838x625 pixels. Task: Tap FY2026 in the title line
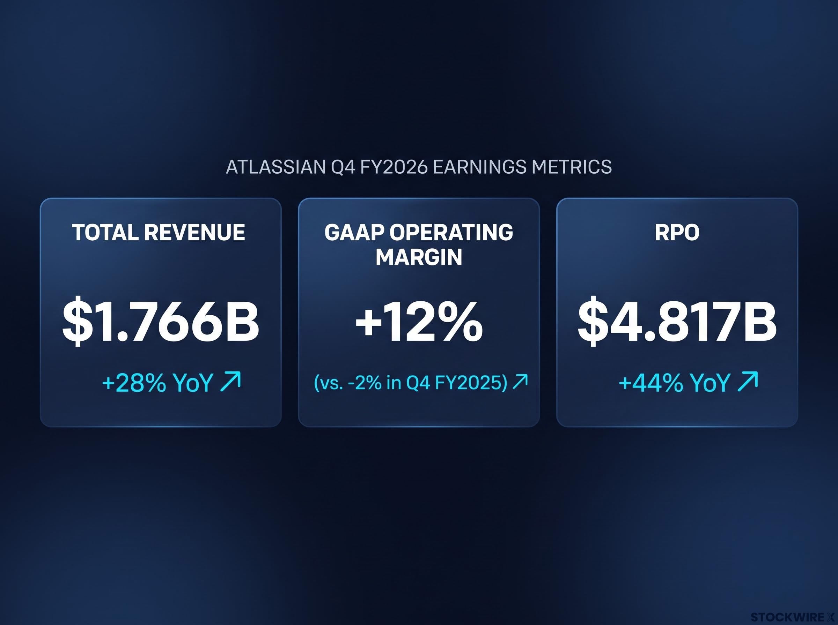point(394,167)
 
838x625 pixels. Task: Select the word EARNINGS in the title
point(479,167)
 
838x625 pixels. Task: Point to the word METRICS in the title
point(572,167)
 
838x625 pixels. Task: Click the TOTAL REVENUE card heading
point(159,232)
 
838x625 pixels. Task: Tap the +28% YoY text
point(157,383)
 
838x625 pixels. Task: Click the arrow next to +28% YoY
point(230,381)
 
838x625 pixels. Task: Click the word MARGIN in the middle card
point(419,257)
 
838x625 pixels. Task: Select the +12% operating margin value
point(419,322)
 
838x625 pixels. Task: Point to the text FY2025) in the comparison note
point(471,383)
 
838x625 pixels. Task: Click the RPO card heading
point(677,232)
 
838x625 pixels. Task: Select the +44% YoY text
point(674,383)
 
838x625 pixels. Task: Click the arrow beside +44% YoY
point(748,381)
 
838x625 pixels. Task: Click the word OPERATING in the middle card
point(451,232)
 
